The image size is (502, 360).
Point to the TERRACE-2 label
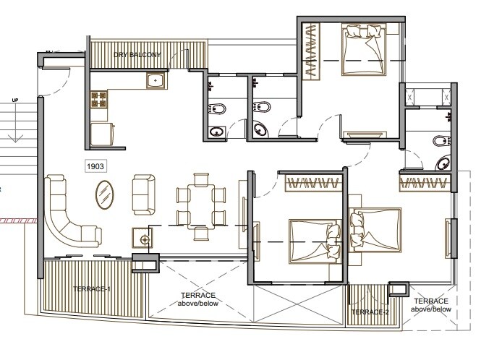pos(370,312)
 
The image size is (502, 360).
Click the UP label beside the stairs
pos(15,100)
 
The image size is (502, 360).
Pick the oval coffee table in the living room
pos(106,194)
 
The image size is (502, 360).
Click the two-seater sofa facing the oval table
pos(142,192)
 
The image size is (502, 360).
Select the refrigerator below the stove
pos(101,133)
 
